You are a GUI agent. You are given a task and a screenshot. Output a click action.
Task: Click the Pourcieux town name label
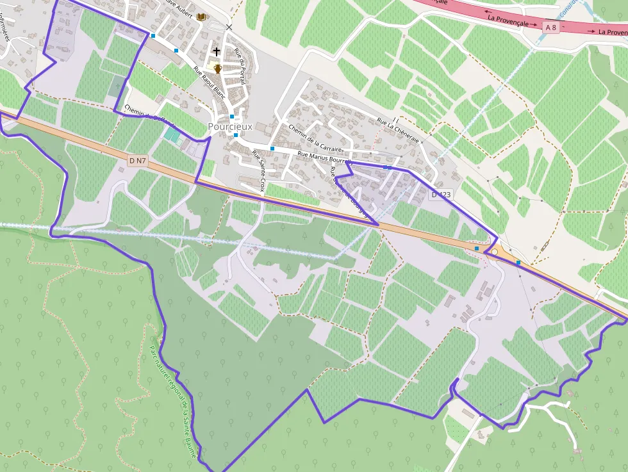pyautogui.click(x=230, y=127)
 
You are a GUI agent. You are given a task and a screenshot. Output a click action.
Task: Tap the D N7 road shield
pyautogui.click(x=136, y=161)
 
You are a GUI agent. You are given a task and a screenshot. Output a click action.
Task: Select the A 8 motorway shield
pyautogui.click(x=550, y=27)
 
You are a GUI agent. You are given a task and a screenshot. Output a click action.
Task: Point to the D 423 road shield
pyautogui.click(x=442, y=194)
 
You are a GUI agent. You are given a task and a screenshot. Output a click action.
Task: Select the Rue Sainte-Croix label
pyautogui.click(x=258, y=171)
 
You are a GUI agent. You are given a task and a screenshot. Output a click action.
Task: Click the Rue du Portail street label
pyautogui.click(x=240, y=66)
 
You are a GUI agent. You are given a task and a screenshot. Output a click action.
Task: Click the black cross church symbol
pyautogui.click(x=217, y=51)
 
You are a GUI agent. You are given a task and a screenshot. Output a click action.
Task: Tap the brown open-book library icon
pyautogui.click(x=201, y=17)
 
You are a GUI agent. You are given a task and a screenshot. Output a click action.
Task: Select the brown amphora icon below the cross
pyautogui.click(x=218, y=69)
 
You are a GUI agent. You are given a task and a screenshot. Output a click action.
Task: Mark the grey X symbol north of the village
pyautogui.click(x=229, y=27)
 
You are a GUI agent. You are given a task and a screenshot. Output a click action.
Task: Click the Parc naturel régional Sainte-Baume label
pyautogui.click(x=172, y=397)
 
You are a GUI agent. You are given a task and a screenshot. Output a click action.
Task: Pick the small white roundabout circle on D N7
pyautogui.click(x=494, y=252)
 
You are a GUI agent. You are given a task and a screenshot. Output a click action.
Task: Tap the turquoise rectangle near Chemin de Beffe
pyautogui.click(x=172, y=135)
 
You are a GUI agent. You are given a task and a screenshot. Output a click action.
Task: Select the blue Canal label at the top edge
pyautogui.click(x=566, y=8)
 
